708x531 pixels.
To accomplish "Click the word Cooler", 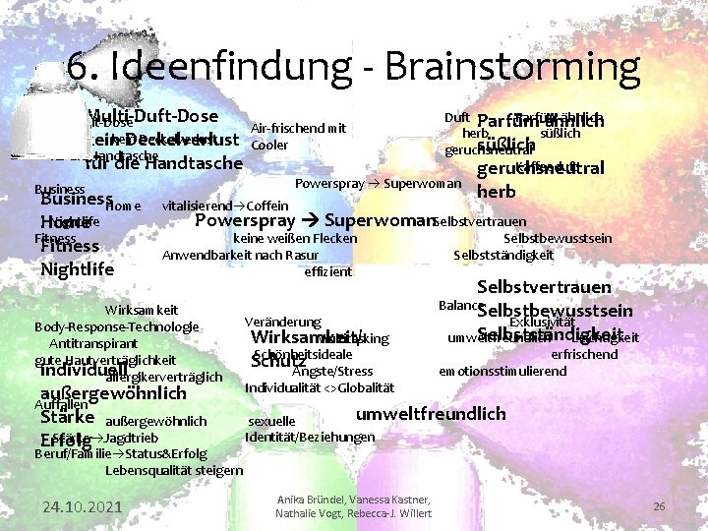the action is point(270,146).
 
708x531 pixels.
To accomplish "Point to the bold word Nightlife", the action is point(78,268).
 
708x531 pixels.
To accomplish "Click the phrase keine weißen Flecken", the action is point(295,238).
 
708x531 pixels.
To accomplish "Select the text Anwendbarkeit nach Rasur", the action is point(234,255).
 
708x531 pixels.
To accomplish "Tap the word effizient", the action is point(328,271).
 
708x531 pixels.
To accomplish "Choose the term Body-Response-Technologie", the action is point(116,326).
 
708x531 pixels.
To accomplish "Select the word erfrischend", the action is point(584,354).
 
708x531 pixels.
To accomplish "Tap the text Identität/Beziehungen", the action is point(310,437).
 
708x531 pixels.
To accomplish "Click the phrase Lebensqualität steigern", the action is point(173,470).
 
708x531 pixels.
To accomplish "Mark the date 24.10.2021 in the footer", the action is point(81,506).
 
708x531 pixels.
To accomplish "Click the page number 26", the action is point(659,506).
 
